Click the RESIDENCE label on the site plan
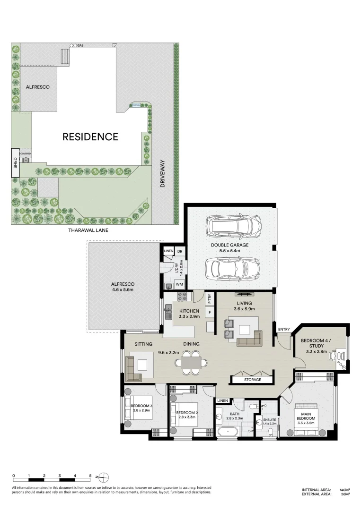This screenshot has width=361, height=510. click(90, 137)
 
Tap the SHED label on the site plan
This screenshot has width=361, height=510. click(15, 163)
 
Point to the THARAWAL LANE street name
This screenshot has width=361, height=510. click(88, 230)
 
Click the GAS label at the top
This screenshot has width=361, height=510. click(80, 45)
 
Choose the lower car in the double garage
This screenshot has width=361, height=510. click(232, 268)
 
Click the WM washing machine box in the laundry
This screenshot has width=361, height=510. click(179, 284)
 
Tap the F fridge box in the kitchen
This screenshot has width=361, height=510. click(209, 312)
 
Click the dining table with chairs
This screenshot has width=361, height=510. click(191, 363)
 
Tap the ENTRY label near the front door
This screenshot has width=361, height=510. click(284, 329)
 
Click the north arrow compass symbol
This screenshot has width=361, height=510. click(105, 476)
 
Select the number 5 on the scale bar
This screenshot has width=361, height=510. click(90, 476)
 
